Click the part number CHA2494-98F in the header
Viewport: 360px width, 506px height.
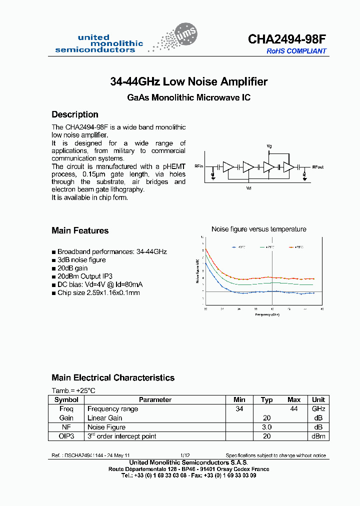(x=287, y=39)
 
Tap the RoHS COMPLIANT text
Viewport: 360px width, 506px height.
(x=296, y=51)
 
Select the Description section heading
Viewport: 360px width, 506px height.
(x=75, y=114)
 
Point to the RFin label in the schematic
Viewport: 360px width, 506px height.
(x=199, y=166)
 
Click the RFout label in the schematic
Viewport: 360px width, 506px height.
(x=317, y=167)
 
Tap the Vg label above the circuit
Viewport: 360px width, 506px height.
(x=269, y=146)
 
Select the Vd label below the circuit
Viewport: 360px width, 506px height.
(x=248, y=188)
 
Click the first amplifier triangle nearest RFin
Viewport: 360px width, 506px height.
(x=228, y=166)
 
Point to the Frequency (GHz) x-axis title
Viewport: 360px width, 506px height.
(x=267, y=315)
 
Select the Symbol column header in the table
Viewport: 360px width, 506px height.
(x=66, y=399)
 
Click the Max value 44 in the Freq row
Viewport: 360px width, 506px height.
(x=294, y=409)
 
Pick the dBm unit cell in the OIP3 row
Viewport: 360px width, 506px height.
(x=318, y=436)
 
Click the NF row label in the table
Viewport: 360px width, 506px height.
(x=66, y=427)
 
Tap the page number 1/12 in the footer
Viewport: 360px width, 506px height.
(x=185, y=455)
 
